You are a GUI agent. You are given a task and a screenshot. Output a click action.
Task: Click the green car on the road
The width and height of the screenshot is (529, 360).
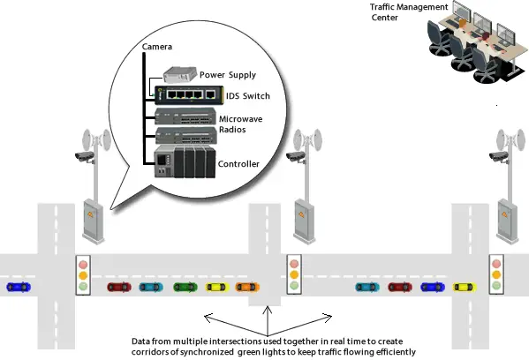tap(183, 287)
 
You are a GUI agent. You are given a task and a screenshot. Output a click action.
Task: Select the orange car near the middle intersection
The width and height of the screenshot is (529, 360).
tap(246, 287)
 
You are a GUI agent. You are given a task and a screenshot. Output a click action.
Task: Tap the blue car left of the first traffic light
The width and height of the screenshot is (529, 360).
tap(17, 287)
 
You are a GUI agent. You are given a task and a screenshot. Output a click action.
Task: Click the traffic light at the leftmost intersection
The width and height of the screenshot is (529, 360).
tap(83, 275)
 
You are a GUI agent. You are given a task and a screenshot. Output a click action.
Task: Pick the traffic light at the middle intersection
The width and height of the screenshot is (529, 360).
tap(294, 275)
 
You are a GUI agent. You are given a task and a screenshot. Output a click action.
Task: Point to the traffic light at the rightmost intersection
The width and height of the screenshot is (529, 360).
tap(496, 275)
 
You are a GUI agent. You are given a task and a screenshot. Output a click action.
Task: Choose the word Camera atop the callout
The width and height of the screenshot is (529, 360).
tap(158, 46)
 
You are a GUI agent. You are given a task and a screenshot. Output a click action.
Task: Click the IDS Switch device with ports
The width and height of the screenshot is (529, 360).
tap(185, 94)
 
